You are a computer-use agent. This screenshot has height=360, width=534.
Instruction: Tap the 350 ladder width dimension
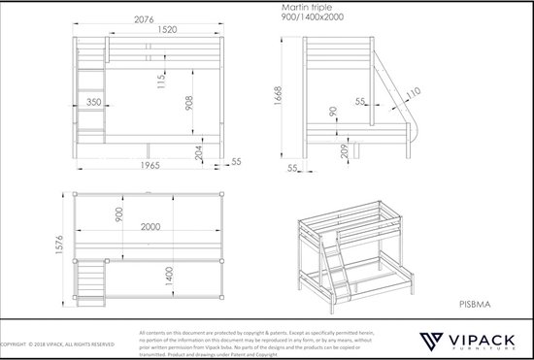coord(93,100)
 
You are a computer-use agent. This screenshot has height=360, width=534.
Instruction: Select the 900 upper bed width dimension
coord(119,214)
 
